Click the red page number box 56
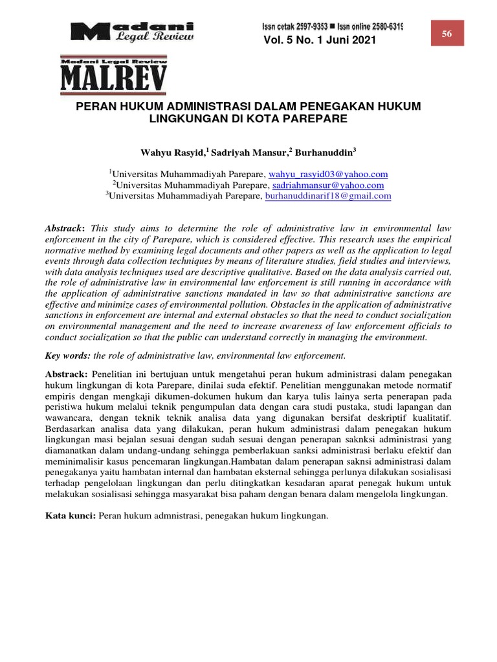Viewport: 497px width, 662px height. pyautogui.click(x=447, y=34)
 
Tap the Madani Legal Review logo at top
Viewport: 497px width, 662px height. pyautogui.click(x=132, y=32)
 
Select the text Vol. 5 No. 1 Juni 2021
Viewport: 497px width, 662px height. pyautogui.click(x=319, y=41)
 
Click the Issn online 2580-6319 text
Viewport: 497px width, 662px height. pyautogui.click(x=369, y=27)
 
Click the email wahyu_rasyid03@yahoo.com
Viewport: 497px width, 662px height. pyautogui.click(x=328, y=174)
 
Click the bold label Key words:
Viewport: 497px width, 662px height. pyautogui.click(x=68, y=356)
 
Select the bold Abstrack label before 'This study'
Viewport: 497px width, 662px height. pyautogui.click(x=65, y=230)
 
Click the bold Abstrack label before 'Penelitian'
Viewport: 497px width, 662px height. pyautogui.click(x=67, y=375)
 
